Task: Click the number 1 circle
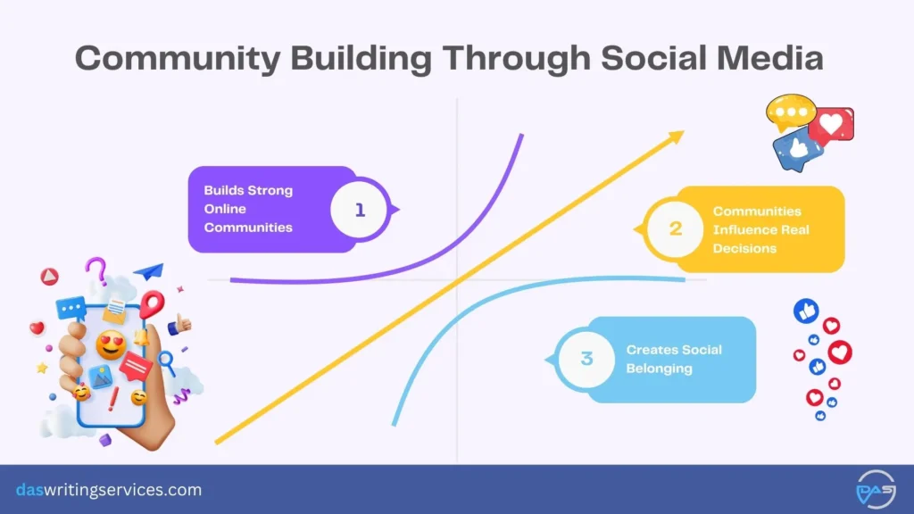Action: click(x=360, y=210)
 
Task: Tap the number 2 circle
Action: click(x=676, y=228)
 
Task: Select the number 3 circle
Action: click(x=586, y=359)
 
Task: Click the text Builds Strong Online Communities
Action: click(x=248, y=209)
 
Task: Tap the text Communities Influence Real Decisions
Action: click(x=760, y=229)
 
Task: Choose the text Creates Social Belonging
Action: click(x=674, y=359)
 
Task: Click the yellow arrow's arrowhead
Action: click(x=675, y=137)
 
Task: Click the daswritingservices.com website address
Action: click(x=109, y=490)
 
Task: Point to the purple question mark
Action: click(x=96, y=269)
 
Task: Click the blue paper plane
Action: click(x=149, y=270)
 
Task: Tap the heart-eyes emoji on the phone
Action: click(x=110, y=344)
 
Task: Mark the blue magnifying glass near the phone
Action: click(x=165, y=361)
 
